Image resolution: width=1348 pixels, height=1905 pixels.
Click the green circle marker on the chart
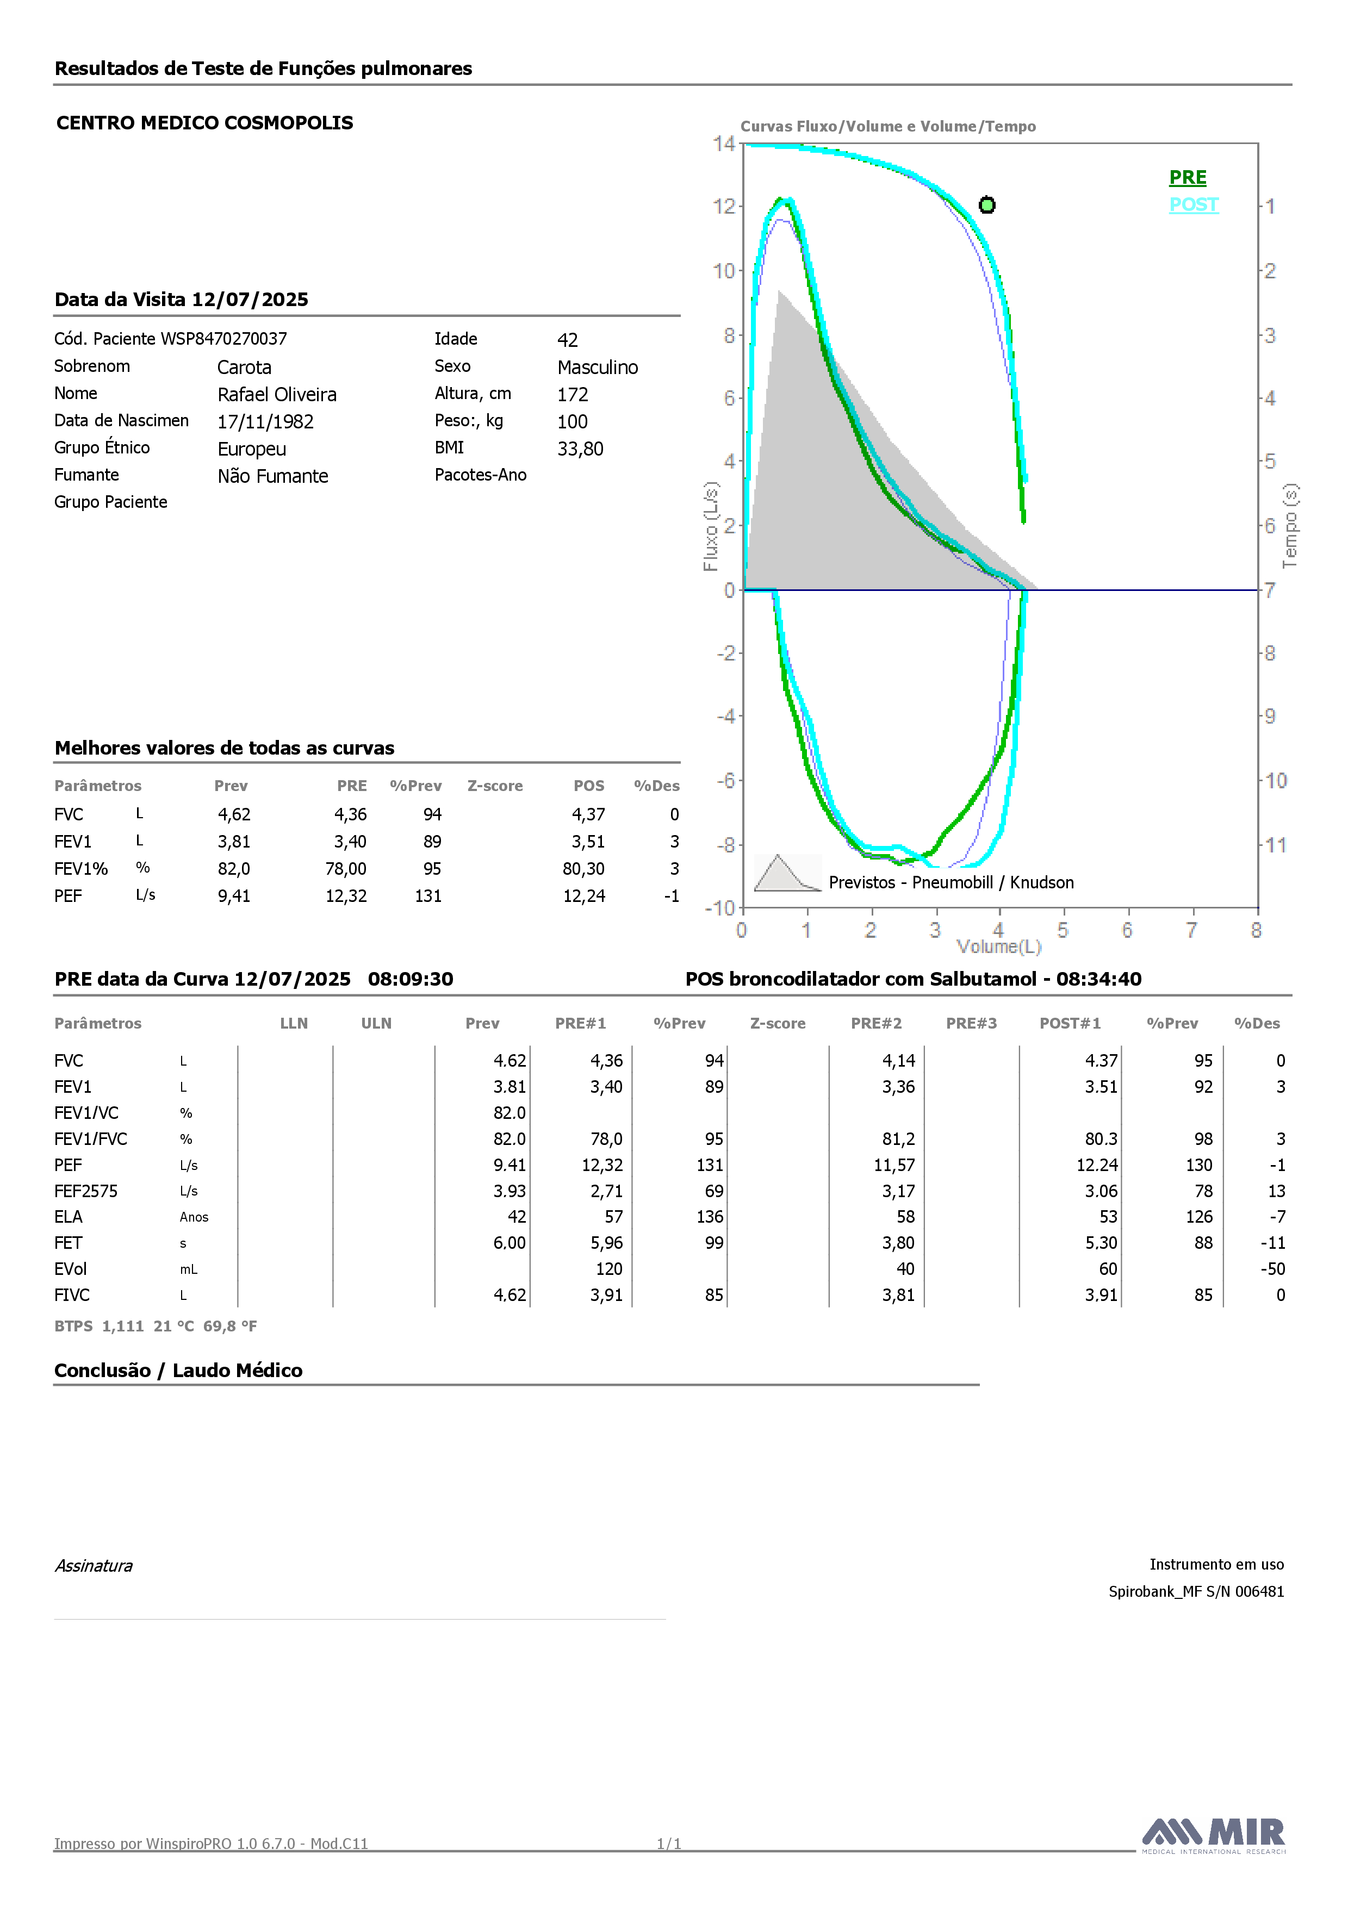coord(987,205)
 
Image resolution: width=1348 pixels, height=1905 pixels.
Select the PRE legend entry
coord(1188,178)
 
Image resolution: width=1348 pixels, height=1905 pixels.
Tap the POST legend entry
coord(1194,205)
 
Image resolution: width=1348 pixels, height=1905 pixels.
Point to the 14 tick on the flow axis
coord(723,144)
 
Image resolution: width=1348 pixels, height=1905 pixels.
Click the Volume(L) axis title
coord(998,947)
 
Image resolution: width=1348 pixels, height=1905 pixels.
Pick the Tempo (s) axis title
coord(1290,526)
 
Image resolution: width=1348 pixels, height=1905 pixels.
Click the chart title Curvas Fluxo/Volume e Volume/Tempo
coord(888,126)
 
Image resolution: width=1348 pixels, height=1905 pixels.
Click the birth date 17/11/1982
coord(265,421)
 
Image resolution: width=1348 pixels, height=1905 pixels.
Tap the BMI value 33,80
coord(580,449)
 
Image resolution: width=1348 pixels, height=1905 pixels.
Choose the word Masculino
coord(598,368)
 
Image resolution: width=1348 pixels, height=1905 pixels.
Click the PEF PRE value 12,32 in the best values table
coord(346,896)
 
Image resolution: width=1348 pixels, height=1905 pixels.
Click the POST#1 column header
coord(1070,1023)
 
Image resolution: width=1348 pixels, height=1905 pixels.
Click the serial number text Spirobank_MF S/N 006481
coord(1196,1591)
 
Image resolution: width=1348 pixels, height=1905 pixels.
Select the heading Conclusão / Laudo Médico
coord(178,1371)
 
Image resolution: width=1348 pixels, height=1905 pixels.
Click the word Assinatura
coord(94,1566)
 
